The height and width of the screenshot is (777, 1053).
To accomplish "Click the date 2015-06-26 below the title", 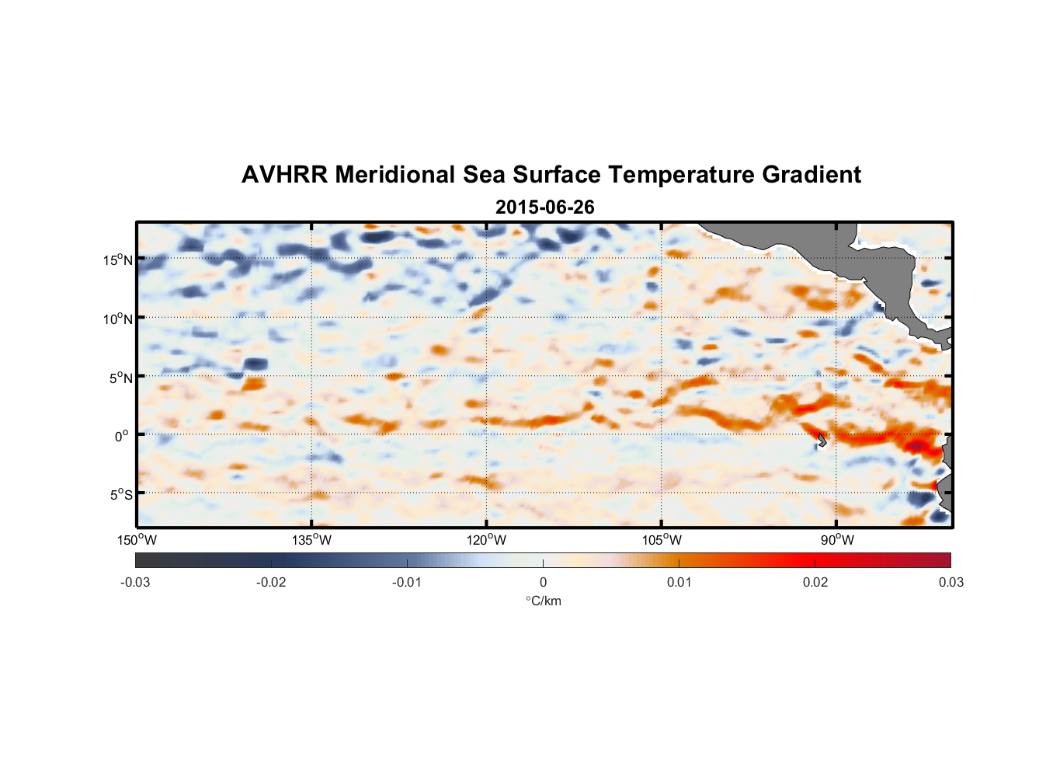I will coord(544,207).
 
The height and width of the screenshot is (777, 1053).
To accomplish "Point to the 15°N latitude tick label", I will coord(118,260).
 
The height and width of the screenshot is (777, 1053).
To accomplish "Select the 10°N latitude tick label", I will coord(118,319).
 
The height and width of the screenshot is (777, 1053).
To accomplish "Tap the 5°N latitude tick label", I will coord(120,378).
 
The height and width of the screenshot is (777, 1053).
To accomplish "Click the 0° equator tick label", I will coord(122,437).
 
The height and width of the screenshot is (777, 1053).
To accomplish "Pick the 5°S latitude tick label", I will coord(120,495).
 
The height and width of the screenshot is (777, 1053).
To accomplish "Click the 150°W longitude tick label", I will coord(137,540).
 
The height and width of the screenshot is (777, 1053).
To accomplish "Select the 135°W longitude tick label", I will coord(312,540).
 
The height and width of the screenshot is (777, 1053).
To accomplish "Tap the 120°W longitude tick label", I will coord(487,540).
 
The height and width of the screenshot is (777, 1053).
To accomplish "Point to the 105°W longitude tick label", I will coord(662,540).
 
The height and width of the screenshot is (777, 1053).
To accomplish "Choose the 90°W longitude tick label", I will coord(837,540).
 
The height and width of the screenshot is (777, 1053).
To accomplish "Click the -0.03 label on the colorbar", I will coord(135,582).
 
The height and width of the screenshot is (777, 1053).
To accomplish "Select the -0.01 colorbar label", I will coord(407,582).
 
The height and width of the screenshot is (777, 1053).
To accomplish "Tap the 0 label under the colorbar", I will coord(543,582).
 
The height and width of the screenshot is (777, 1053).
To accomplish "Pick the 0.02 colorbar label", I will coord(815,582).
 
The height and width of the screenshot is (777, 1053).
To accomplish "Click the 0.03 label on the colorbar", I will coord(950,582).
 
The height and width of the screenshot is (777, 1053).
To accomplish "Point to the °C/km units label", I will coord(543,601).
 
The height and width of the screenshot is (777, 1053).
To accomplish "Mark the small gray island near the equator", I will coord(822,440).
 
